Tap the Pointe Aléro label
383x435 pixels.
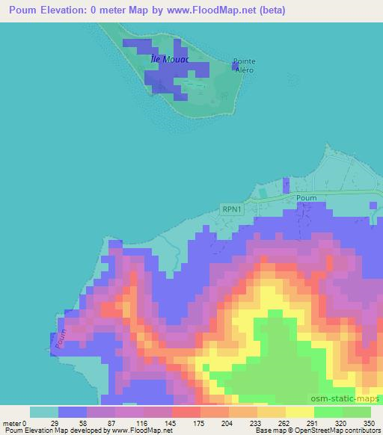[244, 65]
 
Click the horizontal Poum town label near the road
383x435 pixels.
[307, 198]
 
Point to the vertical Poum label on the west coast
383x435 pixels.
[61, 339]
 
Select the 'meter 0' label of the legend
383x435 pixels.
[14, 422]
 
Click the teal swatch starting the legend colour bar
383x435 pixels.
[44, 412]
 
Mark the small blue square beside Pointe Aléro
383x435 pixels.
[235, 67]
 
